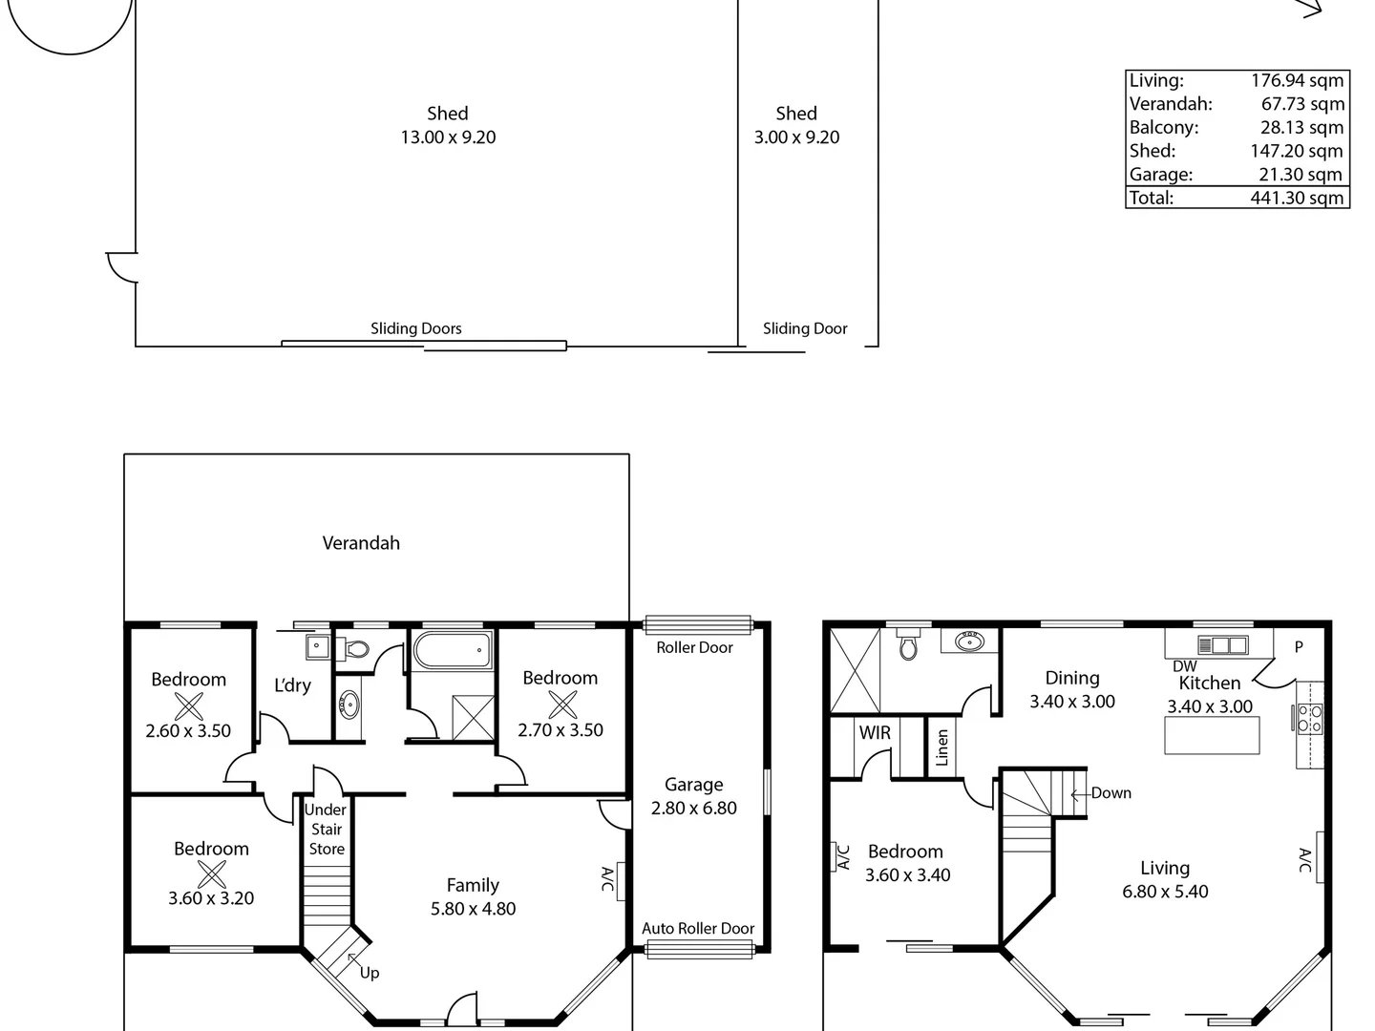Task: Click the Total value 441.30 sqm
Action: click(x=1297, y=198)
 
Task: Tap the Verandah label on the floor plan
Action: click(x=361, y=543)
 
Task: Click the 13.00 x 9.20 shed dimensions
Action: click(x=448, y=137)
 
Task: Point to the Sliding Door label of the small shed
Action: click(x=805, y=328)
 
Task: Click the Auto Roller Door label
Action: click(x=698, y=928)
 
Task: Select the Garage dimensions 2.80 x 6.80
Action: click(x=694, y=809)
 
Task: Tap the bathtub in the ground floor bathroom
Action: click(x=453, y=652)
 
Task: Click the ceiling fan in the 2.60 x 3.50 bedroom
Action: click(x=189, y=706)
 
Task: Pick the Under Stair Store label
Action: click(x=327, y=829)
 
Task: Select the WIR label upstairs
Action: click(x=875, y=733)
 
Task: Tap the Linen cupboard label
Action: click(x=942, y=747)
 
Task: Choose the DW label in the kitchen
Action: click(x=1184, y=666)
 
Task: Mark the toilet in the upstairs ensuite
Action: click(x=908, y=646)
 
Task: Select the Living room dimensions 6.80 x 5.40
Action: click(x=1165, y=892)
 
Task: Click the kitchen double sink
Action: click(x=1223, y=644)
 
